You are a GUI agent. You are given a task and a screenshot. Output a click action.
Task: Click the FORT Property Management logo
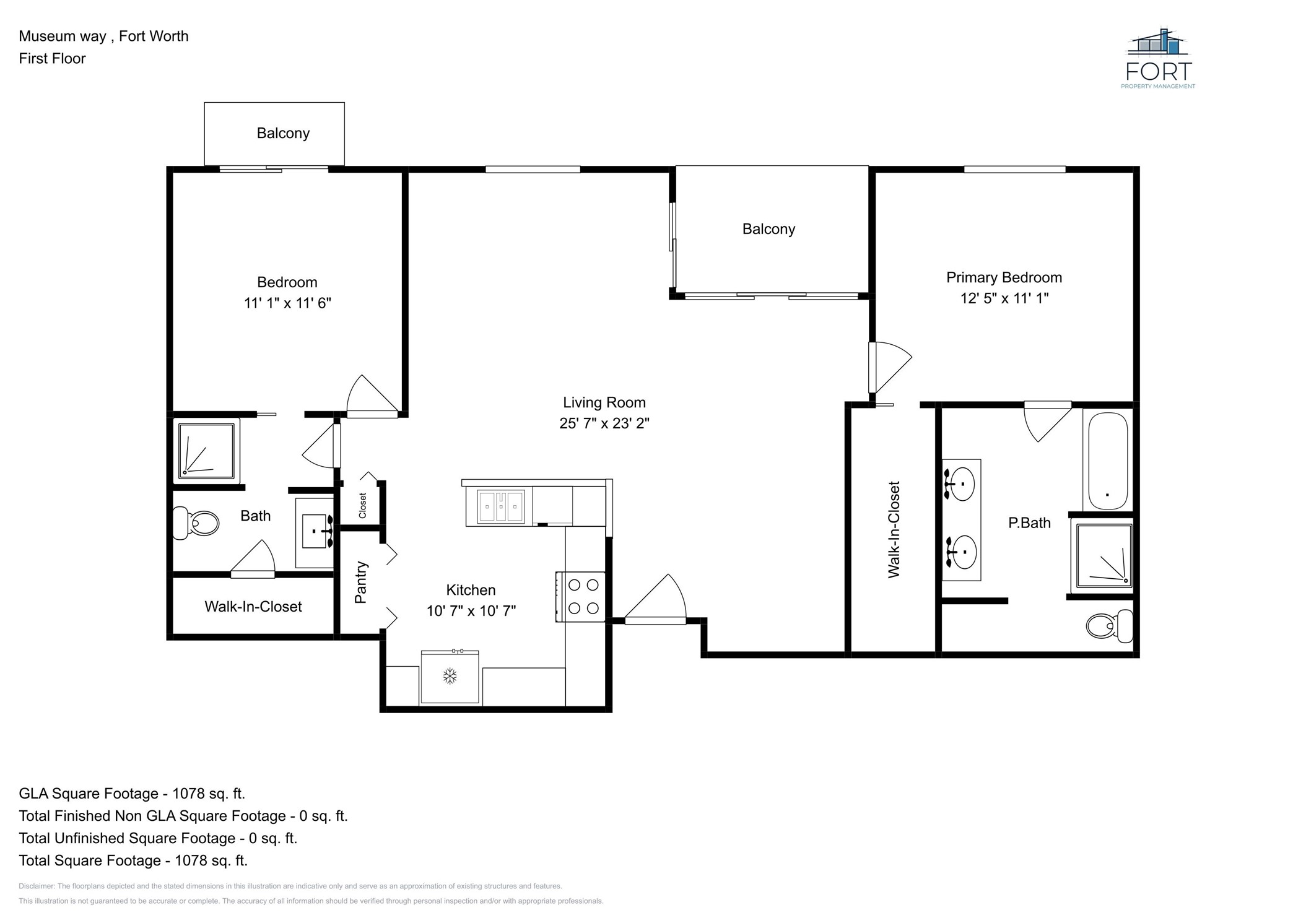pos(1158,59)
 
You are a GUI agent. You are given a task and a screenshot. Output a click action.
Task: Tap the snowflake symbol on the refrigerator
pos(450,676)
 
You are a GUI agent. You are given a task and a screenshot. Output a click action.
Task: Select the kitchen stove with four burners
pos(580,597)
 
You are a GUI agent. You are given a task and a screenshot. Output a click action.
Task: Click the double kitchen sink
pos(501,506)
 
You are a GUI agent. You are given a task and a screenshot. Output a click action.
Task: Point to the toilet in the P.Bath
pos(1110,626)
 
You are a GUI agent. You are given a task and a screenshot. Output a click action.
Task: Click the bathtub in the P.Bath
pos(1108,461)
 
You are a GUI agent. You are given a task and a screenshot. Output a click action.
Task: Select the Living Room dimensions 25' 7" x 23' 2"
pos(604,423)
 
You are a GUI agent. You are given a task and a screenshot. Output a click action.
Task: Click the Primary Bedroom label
pos(1004,277)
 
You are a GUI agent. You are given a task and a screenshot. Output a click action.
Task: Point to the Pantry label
pos(361,582)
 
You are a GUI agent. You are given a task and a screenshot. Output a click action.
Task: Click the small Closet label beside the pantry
pos(362,505)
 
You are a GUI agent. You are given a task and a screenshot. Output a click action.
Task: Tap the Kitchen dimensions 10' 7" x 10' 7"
pos(471,611)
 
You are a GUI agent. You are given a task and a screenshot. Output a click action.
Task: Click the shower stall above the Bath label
pos(206,451)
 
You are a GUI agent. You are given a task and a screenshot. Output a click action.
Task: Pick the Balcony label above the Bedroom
pos(283,133)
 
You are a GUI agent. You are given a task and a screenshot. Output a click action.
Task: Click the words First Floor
pos(52,58)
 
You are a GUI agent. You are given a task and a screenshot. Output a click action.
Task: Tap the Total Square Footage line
pos(133,860)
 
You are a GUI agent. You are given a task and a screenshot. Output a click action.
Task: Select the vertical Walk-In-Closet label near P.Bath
pos(894,529)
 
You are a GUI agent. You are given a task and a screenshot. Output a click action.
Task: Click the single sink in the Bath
pos(316,531)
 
